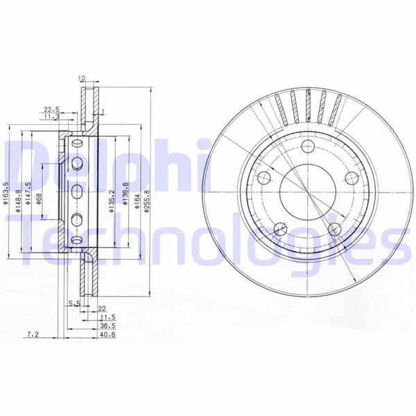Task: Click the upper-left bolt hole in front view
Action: click(263, 177)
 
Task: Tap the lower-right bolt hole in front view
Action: click(334, 229)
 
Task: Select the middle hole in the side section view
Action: click(77, 191)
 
